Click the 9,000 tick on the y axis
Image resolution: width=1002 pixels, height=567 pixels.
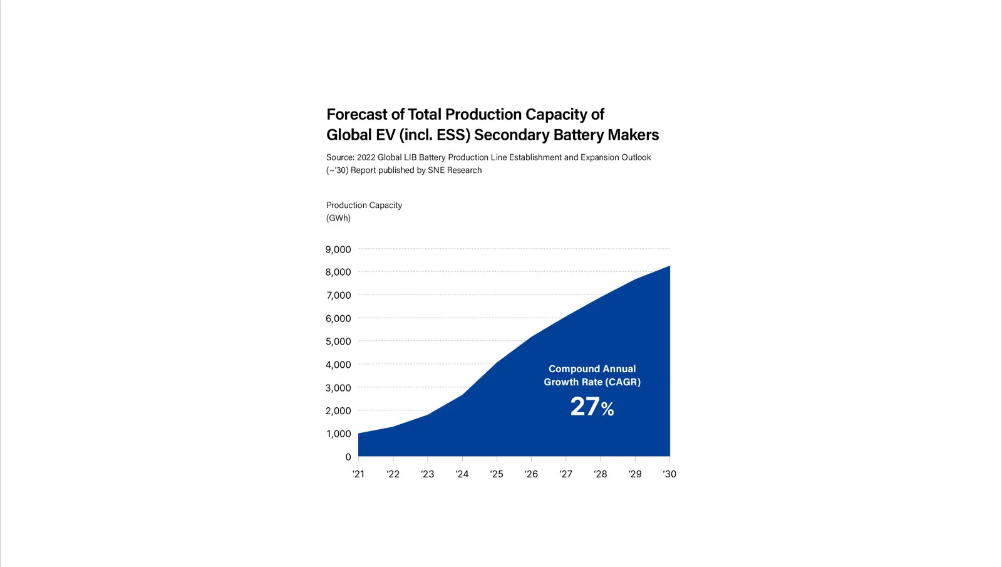pos(338,249)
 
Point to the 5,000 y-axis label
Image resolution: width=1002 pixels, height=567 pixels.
pos(338,341)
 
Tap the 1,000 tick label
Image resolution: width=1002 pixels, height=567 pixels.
pos(338,434)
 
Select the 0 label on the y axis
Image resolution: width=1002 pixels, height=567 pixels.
pos(348,457)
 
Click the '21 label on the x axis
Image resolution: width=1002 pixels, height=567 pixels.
pos(358,474)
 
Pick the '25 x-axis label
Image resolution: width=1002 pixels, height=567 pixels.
pos(497,474)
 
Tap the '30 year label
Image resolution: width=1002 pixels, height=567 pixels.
pos(669,474)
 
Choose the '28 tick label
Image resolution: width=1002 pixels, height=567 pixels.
pos(600,474)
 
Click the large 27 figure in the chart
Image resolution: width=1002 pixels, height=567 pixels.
pos(585,407)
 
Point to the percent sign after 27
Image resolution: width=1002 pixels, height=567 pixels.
pos(607,410)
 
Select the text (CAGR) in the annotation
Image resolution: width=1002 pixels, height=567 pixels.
pos(622,382)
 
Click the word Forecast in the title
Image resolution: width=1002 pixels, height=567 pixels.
pos(357,115)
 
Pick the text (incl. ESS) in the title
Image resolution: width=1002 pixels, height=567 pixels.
pos(434,135)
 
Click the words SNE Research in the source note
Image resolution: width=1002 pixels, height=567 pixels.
pos(455,170)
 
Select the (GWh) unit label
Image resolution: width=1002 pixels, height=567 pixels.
pos(338,218)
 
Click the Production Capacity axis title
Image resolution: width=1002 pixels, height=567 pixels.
pos(364,205)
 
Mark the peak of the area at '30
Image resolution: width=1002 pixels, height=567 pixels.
pos(669,266)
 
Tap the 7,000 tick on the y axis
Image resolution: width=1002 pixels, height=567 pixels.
pos(338,295)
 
